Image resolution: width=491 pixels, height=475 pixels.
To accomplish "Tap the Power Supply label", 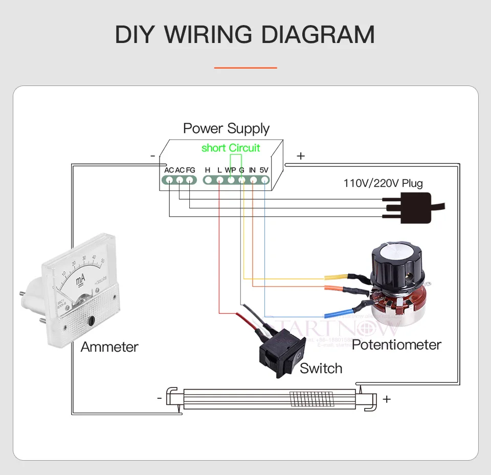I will pyautogui.click(x=226, y=128).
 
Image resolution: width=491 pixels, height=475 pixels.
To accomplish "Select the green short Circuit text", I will pyautogui.click(x=231, y=148).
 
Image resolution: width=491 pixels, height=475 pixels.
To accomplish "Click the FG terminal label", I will pyautogui.click(x=190, y=170).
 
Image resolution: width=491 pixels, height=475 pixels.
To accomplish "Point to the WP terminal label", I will pyautogui.click(x=230, y=170).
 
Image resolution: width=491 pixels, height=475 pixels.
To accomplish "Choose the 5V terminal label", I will pyautogui.click(x=264, y=170).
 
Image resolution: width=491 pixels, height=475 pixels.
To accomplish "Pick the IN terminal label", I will pyautogui.click(x=253, y=170).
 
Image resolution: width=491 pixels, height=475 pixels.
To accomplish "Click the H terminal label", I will pyautogui.click(x=208, y=170).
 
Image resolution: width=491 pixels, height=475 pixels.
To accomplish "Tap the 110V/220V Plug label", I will pyautogui.click(x=383, y=183).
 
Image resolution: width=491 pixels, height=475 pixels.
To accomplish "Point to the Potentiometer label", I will pyautogui.click(x=396, y=344).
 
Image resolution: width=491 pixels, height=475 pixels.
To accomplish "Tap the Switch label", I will pyautogui.click(x=321, y=368).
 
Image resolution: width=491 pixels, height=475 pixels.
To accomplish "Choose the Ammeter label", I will pyautogui.click(x=109, y=347).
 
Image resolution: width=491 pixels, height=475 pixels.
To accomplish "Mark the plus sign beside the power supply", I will pyautogui.click(x=301, y=156).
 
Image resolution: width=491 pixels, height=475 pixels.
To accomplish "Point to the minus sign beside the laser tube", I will pyautogui.click(x=160, y=397).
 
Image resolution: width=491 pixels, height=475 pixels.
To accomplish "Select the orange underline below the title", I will pyautogui.click(x=245, y=67).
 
